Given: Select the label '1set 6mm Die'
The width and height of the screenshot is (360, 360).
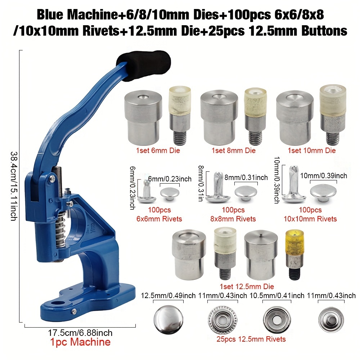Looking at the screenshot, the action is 158,150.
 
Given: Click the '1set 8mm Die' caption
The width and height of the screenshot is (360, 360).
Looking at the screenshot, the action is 234,150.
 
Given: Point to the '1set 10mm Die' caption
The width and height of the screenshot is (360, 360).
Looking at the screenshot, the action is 311,150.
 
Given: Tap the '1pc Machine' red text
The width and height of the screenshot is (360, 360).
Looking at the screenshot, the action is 80,342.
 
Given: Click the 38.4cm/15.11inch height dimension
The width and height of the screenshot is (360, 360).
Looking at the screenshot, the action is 14,186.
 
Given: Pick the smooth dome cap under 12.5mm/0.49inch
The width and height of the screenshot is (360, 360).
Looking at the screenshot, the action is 168,320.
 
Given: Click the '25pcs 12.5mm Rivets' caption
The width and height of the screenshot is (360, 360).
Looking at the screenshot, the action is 251,339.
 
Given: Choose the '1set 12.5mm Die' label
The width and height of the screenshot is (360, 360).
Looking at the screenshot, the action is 247,287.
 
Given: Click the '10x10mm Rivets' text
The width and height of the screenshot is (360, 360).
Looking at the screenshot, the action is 310,219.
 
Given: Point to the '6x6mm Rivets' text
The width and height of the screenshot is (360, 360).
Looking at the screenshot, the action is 159,219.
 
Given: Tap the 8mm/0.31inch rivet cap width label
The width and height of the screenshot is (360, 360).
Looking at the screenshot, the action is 246,177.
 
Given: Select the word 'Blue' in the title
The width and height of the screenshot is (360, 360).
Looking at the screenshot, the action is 50,15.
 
